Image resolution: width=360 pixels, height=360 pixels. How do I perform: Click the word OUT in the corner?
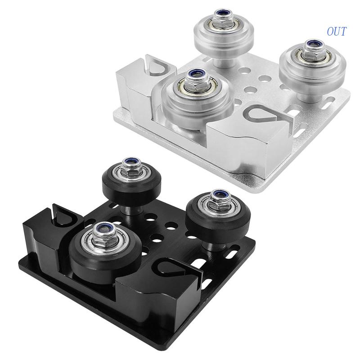point(337,31)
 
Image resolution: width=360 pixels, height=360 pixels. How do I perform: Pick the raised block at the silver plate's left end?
point(135,90)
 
